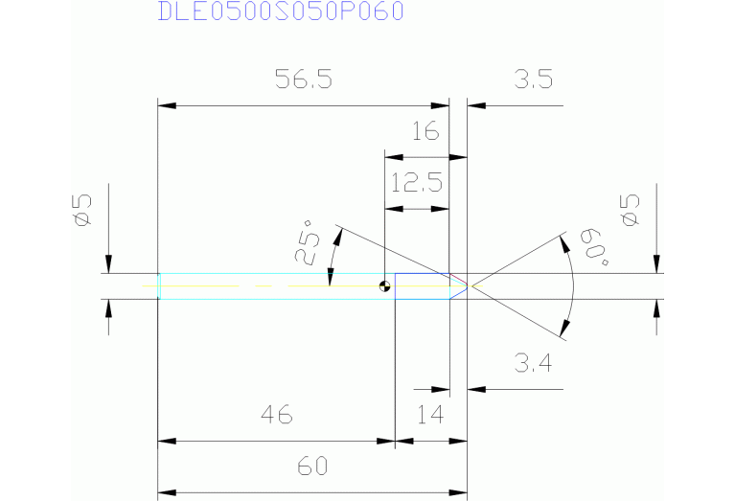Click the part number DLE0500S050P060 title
click(281, 11)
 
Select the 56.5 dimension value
click(303, 79)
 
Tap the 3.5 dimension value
click(534, 79)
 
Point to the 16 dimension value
click(425, 130)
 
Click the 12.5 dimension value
click(416, 182)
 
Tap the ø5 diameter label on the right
click(630, 210)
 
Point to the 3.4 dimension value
click(533, 363)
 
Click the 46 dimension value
click(277, 414)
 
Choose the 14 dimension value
click(430, 414)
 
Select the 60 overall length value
click(312, 466)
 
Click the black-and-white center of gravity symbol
click(384, 285)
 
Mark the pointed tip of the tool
click(468, 285)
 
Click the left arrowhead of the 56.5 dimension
click(167, 106)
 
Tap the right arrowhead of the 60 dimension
click(458, 492)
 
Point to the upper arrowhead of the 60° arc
click(564, 244)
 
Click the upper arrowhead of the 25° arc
click(338, 237)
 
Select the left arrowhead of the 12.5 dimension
click(394, 209)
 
